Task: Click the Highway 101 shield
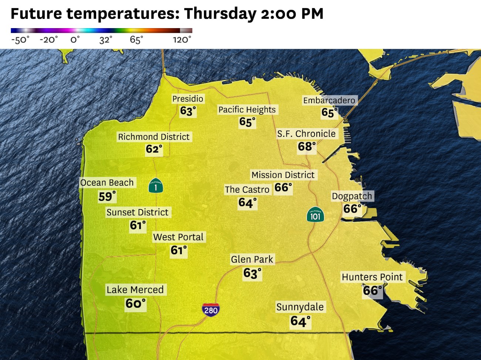coord(315,215)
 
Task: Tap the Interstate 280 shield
coord(211,309)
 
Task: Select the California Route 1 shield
coord(156,186)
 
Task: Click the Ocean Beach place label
coord(107,183)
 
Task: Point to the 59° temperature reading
coord(107,196)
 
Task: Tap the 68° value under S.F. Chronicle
coord(307,147)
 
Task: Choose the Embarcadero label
coord(329,101)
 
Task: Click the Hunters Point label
coord(372,277)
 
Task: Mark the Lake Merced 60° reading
coord(135,303)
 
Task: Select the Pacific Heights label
coord(247,110)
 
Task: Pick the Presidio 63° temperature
coord(188,111)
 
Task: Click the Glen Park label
coord(252,259)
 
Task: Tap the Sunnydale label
coord(300,307)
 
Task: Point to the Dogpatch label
coord(351,196)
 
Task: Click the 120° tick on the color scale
coord(182,40)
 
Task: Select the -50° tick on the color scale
coord(20,40)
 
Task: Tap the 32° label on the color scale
coord(105,40)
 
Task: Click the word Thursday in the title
coord(220,14)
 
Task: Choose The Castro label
coord(247,190)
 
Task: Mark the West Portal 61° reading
coord(179,250)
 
